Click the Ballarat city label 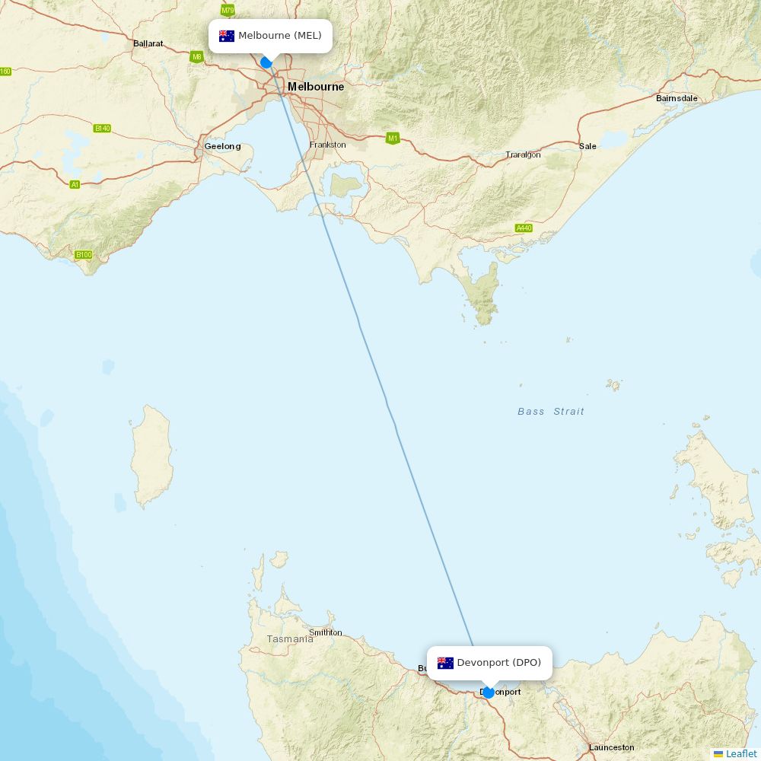(148, 43)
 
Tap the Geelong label (222, 146)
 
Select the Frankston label (327, 145)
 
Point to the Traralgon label (523, 154)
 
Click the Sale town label (587, 146)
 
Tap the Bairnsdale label (677, 98)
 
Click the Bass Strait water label (551, 412)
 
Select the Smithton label (326, 632)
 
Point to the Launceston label (611, 747)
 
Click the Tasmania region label (289, 639)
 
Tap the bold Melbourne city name (315, 87)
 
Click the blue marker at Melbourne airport (266, 62)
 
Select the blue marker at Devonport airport (489, 693)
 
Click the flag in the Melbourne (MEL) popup (227, 36)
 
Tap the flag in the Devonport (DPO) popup (445, 663)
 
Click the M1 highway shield (393, 138)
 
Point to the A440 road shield (524, 228)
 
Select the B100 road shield (84, 255)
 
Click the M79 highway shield (228, 10)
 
